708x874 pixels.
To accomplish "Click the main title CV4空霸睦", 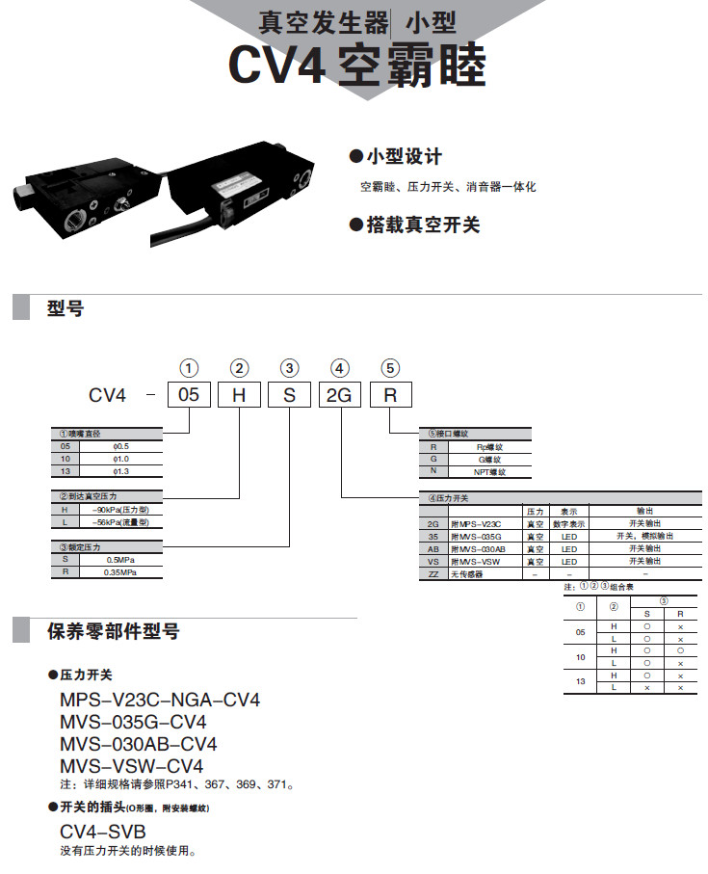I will tap(356, 66).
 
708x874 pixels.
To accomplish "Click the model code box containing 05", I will tap(189, 395).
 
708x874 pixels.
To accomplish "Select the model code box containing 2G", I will tap(339, 395).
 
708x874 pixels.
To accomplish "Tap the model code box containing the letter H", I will tap(239, 395).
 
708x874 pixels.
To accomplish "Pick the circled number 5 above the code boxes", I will tap(389, 367).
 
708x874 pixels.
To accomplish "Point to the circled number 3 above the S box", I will tap(289, 367).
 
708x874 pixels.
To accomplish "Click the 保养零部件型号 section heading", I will tap(113, 632).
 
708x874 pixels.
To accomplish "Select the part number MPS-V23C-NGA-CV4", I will tap(160, 700).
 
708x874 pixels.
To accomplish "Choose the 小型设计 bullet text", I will tap(403, 157).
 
